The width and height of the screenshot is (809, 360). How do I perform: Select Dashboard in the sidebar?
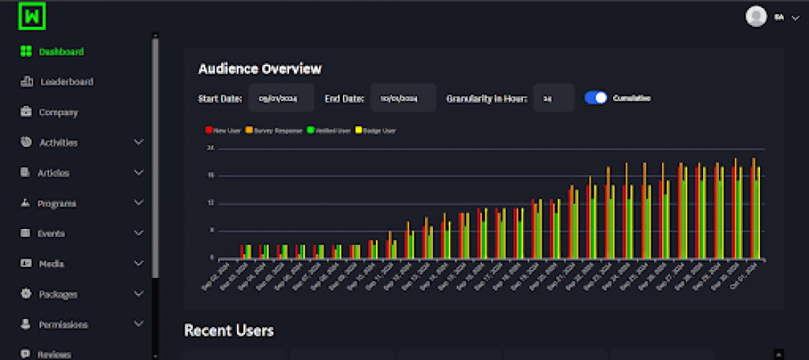pyautogui.click(x=61, y=52)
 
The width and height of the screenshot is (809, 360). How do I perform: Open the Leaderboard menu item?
pyautogui.click(x=66, y=82)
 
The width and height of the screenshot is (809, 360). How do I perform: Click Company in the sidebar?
pyautogui.click(x=58, y=112)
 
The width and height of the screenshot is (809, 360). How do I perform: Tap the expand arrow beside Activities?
pyautogui.click(x=139, y=143)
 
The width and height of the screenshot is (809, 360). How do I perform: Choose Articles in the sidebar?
pyautogui.click(x=53, y=173)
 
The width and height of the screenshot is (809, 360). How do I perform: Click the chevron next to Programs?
pyautogui.click(x=139, y=203)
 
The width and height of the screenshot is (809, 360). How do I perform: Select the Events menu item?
pyautogui.click(x=51, y=233)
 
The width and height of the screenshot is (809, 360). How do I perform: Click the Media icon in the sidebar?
pyautogui.click(x=26, y=264)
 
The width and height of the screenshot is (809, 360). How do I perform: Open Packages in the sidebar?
pyautogui.click(x=58, y=294)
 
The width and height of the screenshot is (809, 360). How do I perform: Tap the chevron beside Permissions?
pyautogui.click(x=139, y=324)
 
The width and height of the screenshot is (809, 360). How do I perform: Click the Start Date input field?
pyautogui.click(x=281, y=98)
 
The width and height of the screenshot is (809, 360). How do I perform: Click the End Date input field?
pyautogui.click(x=403, y=98)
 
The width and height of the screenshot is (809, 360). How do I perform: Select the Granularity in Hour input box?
pyautogui.click(x=553, y=98)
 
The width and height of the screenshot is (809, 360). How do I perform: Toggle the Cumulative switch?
pyautogui.click(x=596, y=98)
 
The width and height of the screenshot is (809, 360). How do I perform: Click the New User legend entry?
pyautogui.click(x=224, y=130)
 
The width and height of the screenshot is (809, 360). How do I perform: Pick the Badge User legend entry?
pyautogui.click(x=376, y=130)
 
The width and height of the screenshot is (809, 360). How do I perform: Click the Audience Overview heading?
pyautogui.click(x=259, y=69)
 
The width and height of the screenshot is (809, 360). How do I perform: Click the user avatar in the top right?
pyautogui.click(x=756, y=17)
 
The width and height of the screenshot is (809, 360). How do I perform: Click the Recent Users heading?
pyautogui.click(x=228, y=330)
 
